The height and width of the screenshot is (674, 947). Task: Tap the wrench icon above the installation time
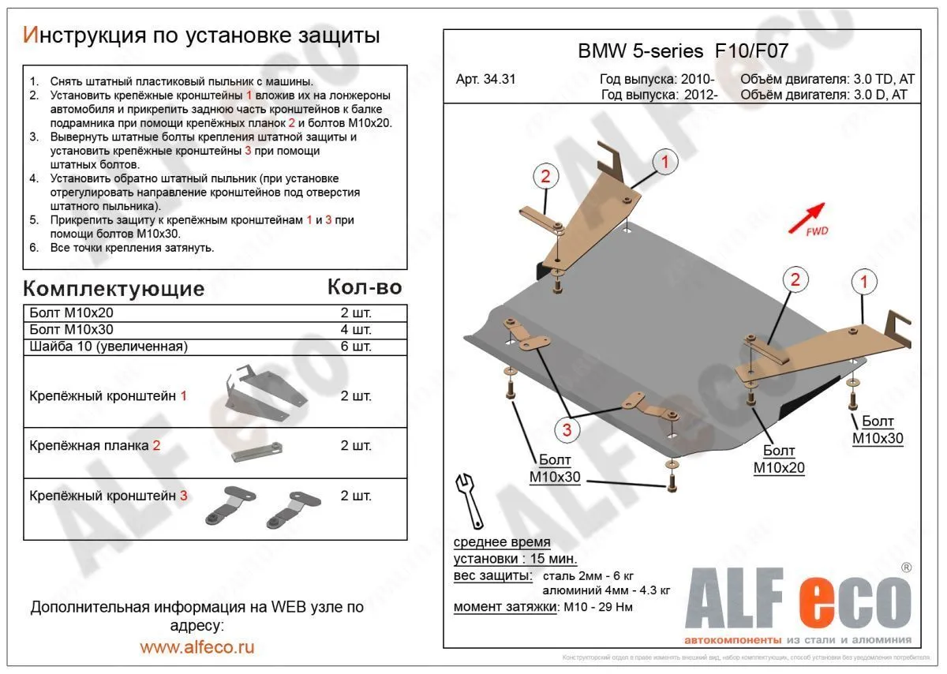click(468, 500)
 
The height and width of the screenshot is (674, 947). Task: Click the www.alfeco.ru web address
click(197, 647)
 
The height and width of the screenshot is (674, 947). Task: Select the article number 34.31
click(486, 79)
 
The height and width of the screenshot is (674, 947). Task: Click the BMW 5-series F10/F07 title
click(683, 52)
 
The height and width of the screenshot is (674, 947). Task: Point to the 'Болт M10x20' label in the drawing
click(779, 459)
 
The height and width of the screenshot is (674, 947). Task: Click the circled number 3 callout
click(566, 430)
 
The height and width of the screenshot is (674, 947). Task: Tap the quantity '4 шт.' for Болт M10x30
click(356, 329)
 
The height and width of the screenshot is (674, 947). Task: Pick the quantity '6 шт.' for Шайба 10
click(356, 346)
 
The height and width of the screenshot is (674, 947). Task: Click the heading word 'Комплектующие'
click(114, 288)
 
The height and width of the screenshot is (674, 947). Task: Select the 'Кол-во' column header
click(365, 286)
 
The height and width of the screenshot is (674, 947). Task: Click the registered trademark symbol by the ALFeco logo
click(907, 567)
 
